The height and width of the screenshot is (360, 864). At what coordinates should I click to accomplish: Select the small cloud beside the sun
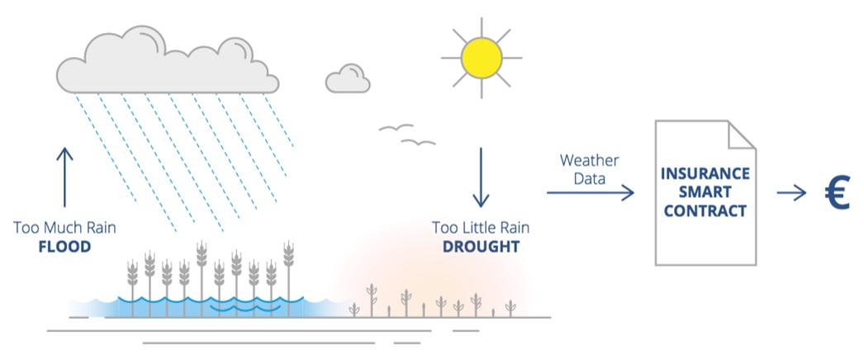click(347, 78)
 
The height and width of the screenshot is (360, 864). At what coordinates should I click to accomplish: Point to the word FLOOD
click(64, 247)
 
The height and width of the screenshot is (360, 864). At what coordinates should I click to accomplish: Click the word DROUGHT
click(481, 247)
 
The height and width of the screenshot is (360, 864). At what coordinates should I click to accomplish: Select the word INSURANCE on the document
click(705, 174)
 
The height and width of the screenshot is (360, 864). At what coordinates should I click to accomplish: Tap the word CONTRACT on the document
click(705, 211)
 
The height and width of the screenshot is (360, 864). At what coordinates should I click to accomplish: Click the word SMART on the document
click(705, 192)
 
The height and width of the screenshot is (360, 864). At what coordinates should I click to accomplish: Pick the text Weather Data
click(589, 168)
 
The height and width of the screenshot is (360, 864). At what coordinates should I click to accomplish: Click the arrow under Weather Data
click(590, 192)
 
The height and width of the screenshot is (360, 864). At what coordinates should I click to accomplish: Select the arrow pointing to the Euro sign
click(790, 193)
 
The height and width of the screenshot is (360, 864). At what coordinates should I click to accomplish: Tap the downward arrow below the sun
click(481, 178)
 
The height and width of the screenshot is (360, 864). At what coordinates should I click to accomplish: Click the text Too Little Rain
click(481, 227)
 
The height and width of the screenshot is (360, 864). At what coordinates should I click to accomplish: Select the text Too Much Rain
click(64, 227)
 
